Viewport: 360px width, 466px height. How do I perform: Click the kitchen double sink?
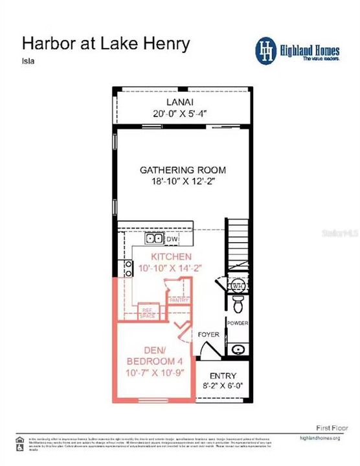pos(153,238)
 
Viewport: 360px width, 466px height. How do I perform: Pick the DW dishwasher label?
pos(172,239)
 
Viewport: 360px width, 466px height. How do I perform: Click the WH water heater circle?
pos(237,285)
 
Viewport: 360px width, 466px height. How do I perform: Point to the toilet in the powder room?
pos(237,303)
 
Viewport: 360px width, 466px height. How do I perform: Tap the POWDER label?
pos(238,323)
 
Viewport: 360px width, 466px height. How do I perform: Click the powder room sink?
pos(238,349)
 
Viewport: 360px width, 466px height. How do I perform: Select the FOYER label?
pos(208,335)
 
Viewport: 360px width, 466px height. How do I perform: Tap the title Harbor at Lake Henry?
pos(106,43)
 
